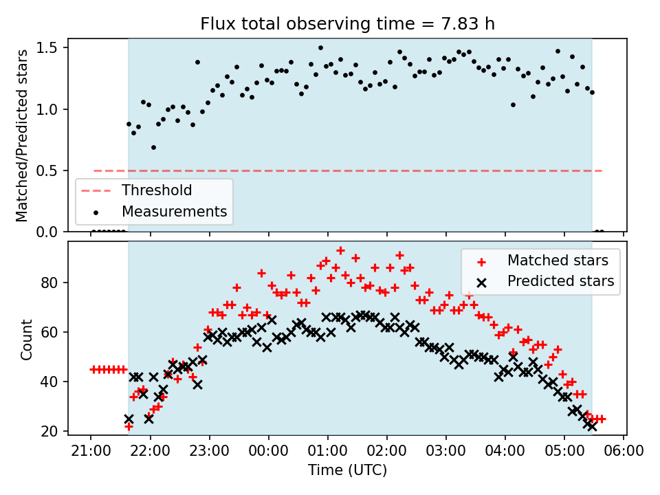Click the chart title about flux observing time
(347, 24)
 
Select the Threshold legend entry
(157, 190)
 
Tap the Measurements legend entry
(174, 211)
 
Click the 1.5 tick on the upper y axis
(52, 48)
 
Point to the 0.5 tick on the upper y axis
(52, 170)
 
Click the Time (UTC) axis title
(347, 471)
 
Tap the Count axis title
(27, 339)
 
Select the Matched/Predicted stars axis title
(22, 135)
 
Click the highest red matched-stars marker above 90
(340, 250)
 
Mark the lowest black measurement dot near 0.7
(153, 147)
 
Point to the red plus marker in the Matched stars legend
(481, 261)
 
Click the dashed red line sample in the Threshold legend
(97, 190)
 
